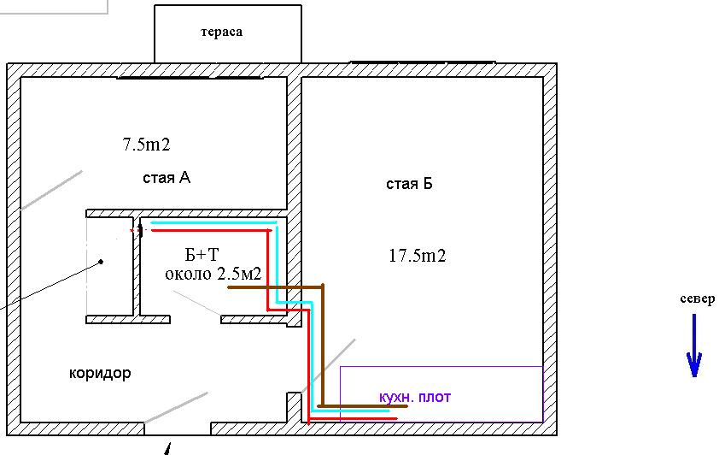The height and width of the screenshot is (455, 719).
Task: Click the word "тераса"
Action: point(221,32)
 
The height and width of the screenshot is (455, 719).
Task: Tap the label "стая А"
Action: point(167,178)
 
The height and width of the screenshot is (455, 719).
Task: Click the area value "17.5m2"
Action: point(418,255)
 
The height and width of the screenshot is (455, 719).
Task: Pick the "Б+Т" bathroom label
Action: point(202,256)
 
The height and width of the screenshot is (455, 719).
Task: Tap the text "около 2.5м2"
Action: point(213,274)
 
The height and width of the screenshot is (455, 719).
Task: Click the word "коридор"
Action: point(100,374)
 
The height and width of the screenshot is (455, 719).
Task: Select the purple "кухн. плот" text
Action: point(414,397)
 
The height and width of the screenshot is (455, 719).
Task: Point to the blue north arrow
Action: point(694,346)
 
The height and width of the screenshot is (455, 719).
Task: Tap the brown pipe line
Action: point(323,342)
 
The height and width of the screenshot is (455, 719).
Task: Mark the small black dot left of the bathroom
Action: point(101,261)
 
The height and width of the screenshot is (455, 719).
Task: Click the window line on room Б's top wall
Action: point(423,62)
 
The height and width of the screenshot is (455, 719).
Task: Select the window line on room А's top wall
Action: point(190,78)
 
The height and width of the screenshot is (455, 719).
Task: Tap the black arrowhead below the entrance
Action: point(168,449)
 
